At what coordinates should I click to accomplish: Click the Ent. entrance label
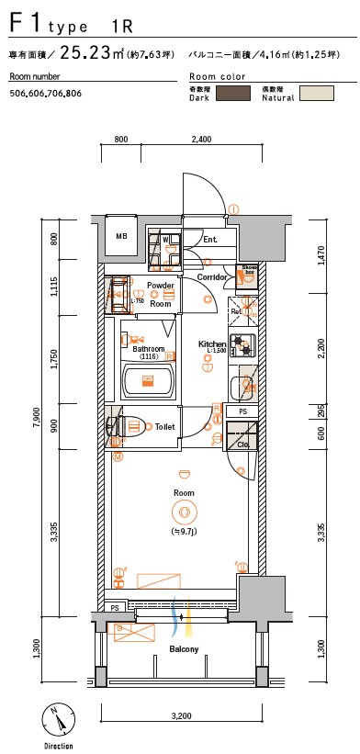[209, 240]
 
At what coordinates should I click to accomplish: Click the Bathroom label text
[149, 349]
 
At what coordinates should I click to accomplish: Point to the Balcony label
[184, 648]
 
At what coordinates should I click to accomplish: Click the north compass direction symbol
[58, 718]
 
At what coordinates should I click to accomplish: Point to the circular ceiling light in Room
[185, 513]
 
